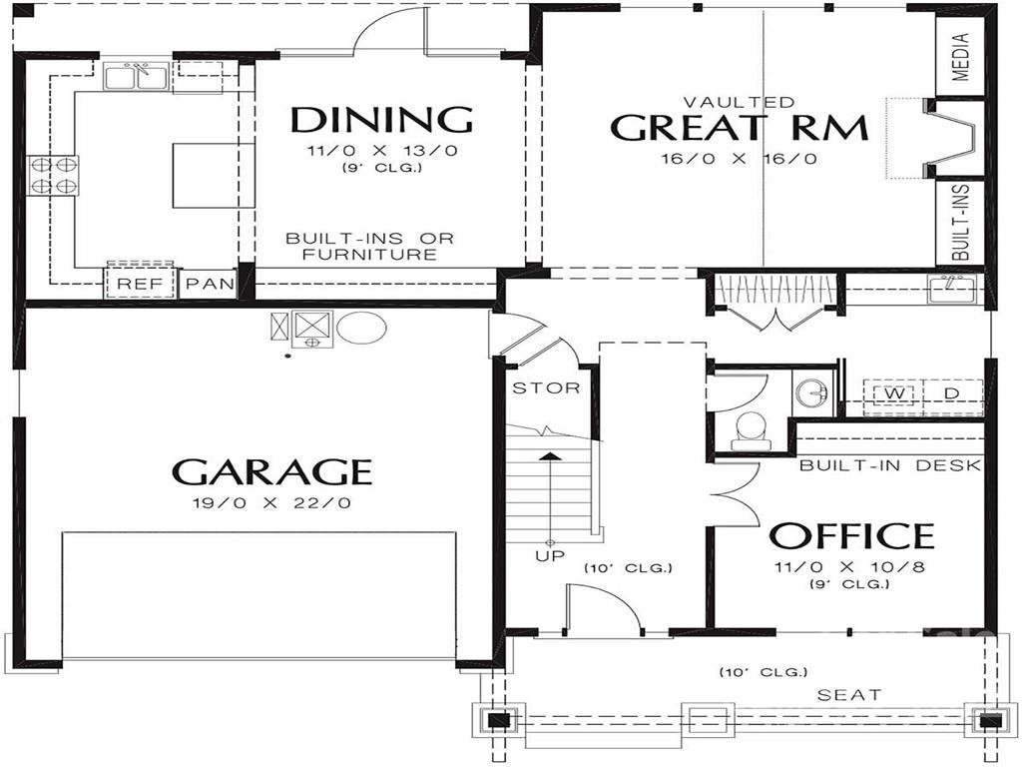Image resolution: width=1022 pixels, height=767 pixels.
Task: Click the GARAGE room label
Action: pyautogui.click(x=271, y=471)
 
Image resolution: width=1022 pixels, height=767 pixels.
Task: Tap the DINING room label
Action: pyautogui.click(x=381, y=120)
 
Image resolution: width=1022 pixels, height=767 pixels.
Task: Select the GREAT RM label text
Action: pyautogui.click(x=739, y=129)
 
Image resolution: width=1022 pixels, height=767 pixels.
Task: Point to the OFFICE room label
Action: pyautogui.click(x=850, y=536)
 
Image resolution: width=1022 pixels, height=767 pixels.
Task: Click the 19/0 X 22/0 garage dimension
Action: pyautogui.click(x=271, y=503)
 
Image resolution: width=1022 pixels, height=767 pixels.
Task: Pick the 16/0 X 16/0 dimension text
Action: pyautogui.click(x=739, y=159)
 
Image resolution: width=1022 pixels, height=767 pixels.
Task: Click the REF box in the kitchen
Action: pyautogui.click(x=140, y=284)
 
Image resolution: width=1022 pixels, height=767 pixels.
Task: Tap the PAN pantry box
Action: pyautogui.click(x=211, y=284)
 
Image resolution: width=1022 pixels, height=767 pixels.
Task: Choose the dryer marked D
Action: pyautogui.click(x=951, y=393)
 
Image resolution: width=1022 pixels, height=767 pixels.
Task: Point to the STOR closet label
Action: pyautogui.click(x=545, y=387)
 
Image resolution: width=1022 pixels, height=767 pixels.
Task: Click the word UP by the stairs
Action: pyautogui.click(x=549, y=555)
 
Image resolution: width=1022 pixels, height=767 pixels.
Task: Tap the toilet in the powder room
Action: pyautogui.click(x=749, y=430)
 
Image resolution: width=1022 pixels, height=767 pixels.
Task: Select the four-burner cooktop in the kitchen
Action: pyautogui.click(x=54, y=175)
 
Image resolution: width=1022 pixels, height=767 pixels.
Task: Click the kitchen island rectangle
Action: pyautogui.click(x=207, y=175)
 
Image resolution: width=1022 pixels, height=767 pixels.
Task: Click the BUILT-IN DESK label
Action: pyautogui.click(x=890, y=465)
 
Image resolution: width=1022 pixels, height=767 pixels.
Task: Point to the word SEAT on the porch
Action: pyautogui.click(x=849, y=694)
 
